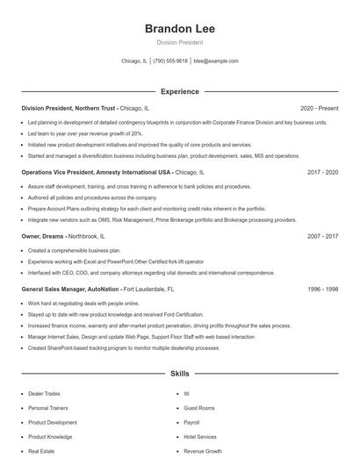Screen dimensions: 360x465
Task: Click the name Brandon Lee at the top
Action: coord(179,28)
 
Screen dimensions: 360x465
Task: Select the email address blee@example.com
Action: coord(216,61)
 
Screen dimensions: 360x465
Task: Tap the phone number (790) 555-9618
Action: coord(170,61)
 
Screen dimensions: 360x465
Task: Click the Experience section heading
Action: coord(179,91)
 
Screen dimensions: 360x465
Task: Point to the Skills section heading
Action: coord(179,374)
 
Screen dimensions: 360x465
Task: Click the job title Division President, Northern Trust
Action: coord(68,108)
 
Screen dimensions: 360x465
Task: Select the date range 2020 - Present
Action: coord(319,108)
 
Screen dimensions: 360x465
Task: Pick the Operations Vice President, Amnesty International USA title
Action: coord(97,172)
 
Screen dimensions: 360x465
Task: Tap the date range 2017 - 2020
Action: coord(322,172)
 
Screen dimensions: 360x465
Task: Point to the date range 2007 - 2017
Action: coord(322,236)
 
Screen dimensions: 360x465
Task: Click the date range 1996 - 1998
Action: coord(322,288)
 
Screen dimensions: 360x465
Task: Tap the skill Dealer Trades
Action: coord(44,394)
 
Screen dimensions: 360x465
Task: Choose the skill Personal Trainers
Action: coord(47,408)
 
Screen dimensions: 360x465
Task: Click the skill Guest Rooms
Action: coord(199,408)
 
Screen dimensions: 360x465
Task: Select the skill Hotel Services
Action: coord(201,436)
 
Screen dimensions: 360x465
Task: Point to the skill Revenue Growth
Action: coord(203,450)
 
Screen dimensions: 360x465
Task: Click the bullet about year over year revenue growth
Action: coord(85,133)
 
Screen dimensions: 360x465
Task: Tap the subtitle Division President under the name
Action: coord(179,42)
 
